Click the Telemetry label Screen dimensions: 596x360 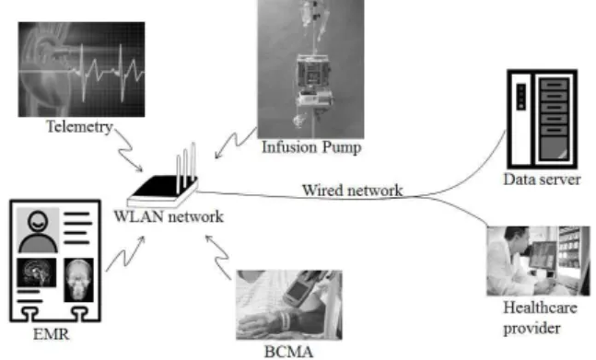79,127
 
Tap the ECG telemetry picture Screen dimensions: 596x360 81,69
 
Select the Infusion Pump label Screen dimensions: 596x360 311,147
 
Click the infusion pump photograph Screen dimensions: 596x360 310,69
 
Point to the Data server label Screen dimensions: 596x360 542,180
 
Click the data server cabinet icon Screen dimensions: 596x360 543,119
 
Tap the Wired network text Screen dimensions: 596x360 353,191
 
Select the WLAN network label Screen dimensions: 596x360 169,216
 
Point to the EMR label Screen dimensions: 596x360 52,334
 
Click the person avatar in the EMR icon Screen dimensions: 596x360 38,231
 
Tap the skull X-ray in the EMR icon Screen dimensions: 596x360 78,280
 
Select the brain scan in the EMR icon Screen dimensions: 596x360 37,273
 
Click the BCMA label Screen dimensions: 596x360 289,352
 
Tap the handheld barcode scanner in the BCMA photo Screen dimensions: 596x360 300,289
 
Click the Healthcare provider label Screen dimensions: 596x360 540,318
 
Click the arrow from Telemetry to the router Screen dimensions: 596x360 126,150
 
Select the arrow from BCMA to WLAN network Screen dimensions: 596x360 217,257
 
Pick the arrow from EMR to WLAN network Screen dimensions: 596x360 124,253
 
